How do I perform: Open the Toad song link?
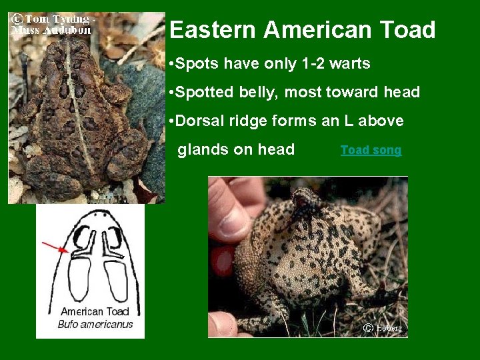coord(371,150)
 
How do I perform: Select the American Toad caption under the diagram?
coord(95,311)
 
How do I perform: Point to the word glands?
coord(201,149)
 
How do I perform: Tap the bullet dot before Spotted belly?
coord(172,93)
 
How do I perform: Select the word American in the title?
coord(318,30)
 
